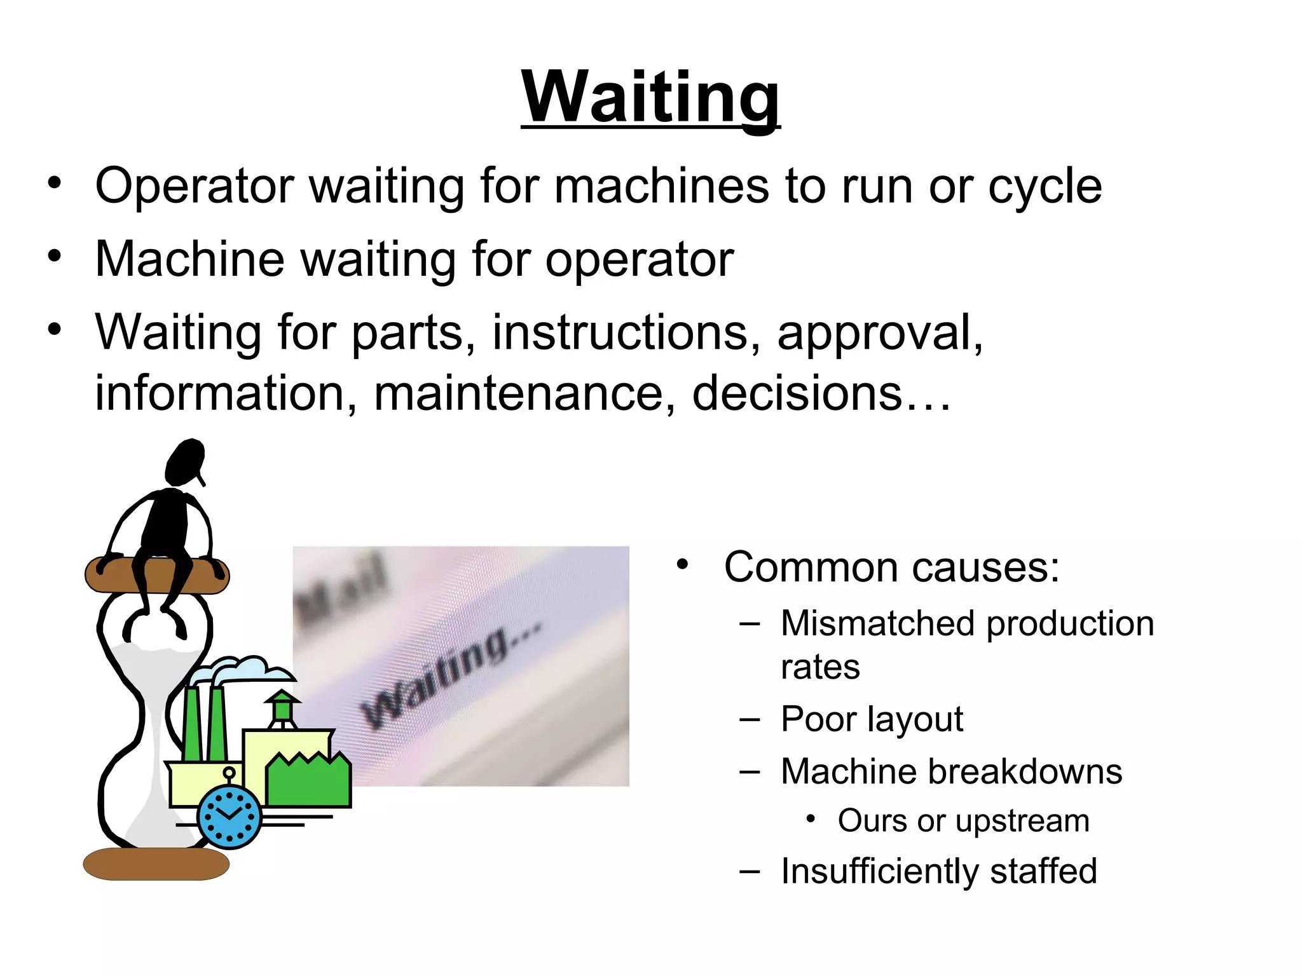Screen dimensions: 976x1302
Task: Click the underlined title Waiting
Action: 650,97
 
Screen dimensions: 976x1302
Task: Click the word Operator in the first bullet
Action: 194,186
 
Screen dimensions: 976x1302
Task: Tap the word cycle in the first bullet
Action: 1045,186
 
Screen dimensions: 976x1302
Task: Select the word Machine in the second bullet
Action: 189,259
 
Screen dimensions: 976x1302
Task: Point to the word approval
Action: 879,333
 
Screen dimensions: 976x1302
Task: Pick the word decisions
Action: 797,393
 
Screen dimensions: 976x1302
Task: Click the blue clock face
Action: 230,817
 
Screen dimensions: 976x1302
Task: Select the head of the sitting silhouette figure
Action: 186,462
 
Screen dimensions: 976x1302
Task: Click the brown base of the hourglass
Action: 156,864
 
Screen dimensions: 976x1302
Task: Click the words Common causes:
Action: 891,567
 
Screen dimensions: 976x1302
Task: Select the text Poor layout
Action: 872,719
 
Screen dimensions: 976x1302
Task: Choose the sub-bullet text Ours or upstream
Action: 963,820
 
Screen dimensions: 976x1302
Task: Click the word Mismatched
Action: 877,623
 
